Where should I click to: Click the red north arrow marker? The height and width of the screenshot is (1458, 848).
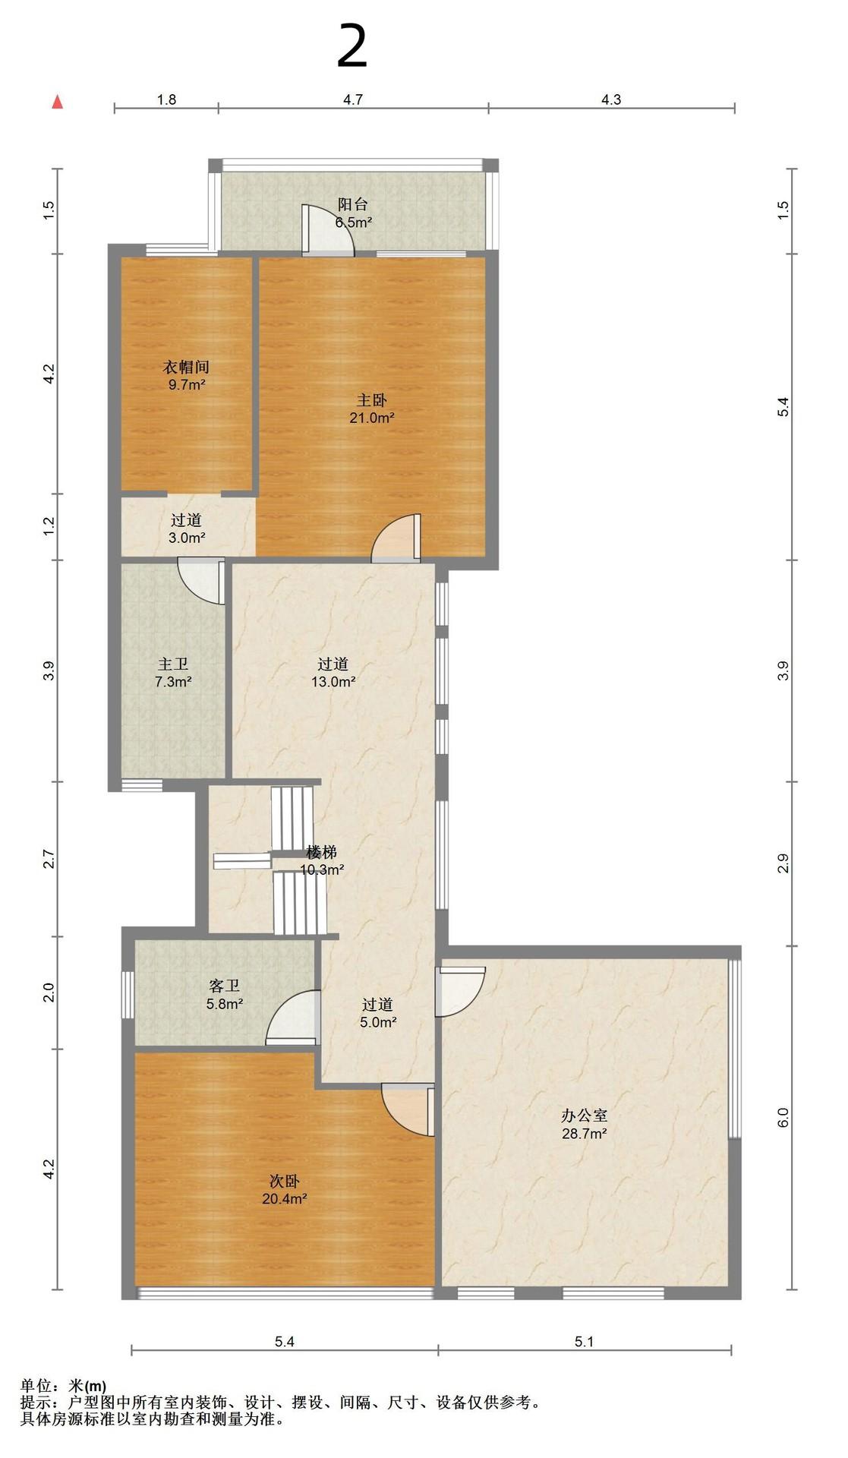click(x=57, y=102)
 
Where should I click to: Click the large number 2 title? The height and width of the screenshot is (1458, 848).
click(x=351, y=47)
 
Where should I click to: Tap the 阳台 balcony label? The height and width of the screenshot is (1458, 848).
click(x=353, y=204)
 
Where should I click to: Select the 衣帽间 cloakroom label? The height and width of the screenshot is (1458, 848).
click(x=186, y=367)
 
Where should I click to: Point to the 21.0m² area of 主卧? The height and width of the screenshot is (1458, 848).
click(x=372, y=418)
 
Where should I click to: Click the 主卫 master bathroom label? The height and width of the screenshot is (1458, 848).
click(x=173, y=664)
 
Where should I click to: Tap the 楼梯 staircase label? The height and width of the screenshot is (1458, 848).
click(x=321, y=852)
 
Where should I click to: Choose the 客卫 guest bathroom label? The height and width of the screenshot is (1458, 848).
click(x=225, y=986)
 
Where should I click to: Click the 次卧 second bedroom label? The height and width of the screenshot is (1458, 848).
click(x=285, y=1182)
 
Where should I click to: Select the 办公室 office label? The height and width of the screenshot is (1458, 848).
click(x=584, y=1116)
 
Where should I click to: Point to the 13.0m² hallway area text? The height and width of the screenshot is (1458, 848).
click(x=333, y=682)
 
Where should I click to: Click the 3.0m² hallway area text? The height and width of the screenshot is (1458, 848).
click(x=187, y=538)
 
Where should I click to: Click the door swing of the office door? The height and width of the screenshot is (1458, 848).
click(x=460, y=991)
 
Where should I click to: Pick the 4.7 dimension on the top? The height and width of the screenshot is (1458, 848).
click(x=353, y=99)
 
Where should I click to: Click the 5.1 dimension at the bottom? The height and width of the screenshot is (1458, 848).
click(x=584, y=1342)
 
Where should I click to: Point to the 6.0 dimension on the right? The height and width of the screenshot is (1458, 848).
click(x=783, y=1117)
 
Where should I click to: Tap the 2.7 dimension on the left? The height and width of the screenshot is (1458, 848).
click(x=49, y=860)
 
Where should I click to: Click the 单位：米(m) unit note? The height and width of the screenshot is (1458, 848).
click(x=63, y=1387)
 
